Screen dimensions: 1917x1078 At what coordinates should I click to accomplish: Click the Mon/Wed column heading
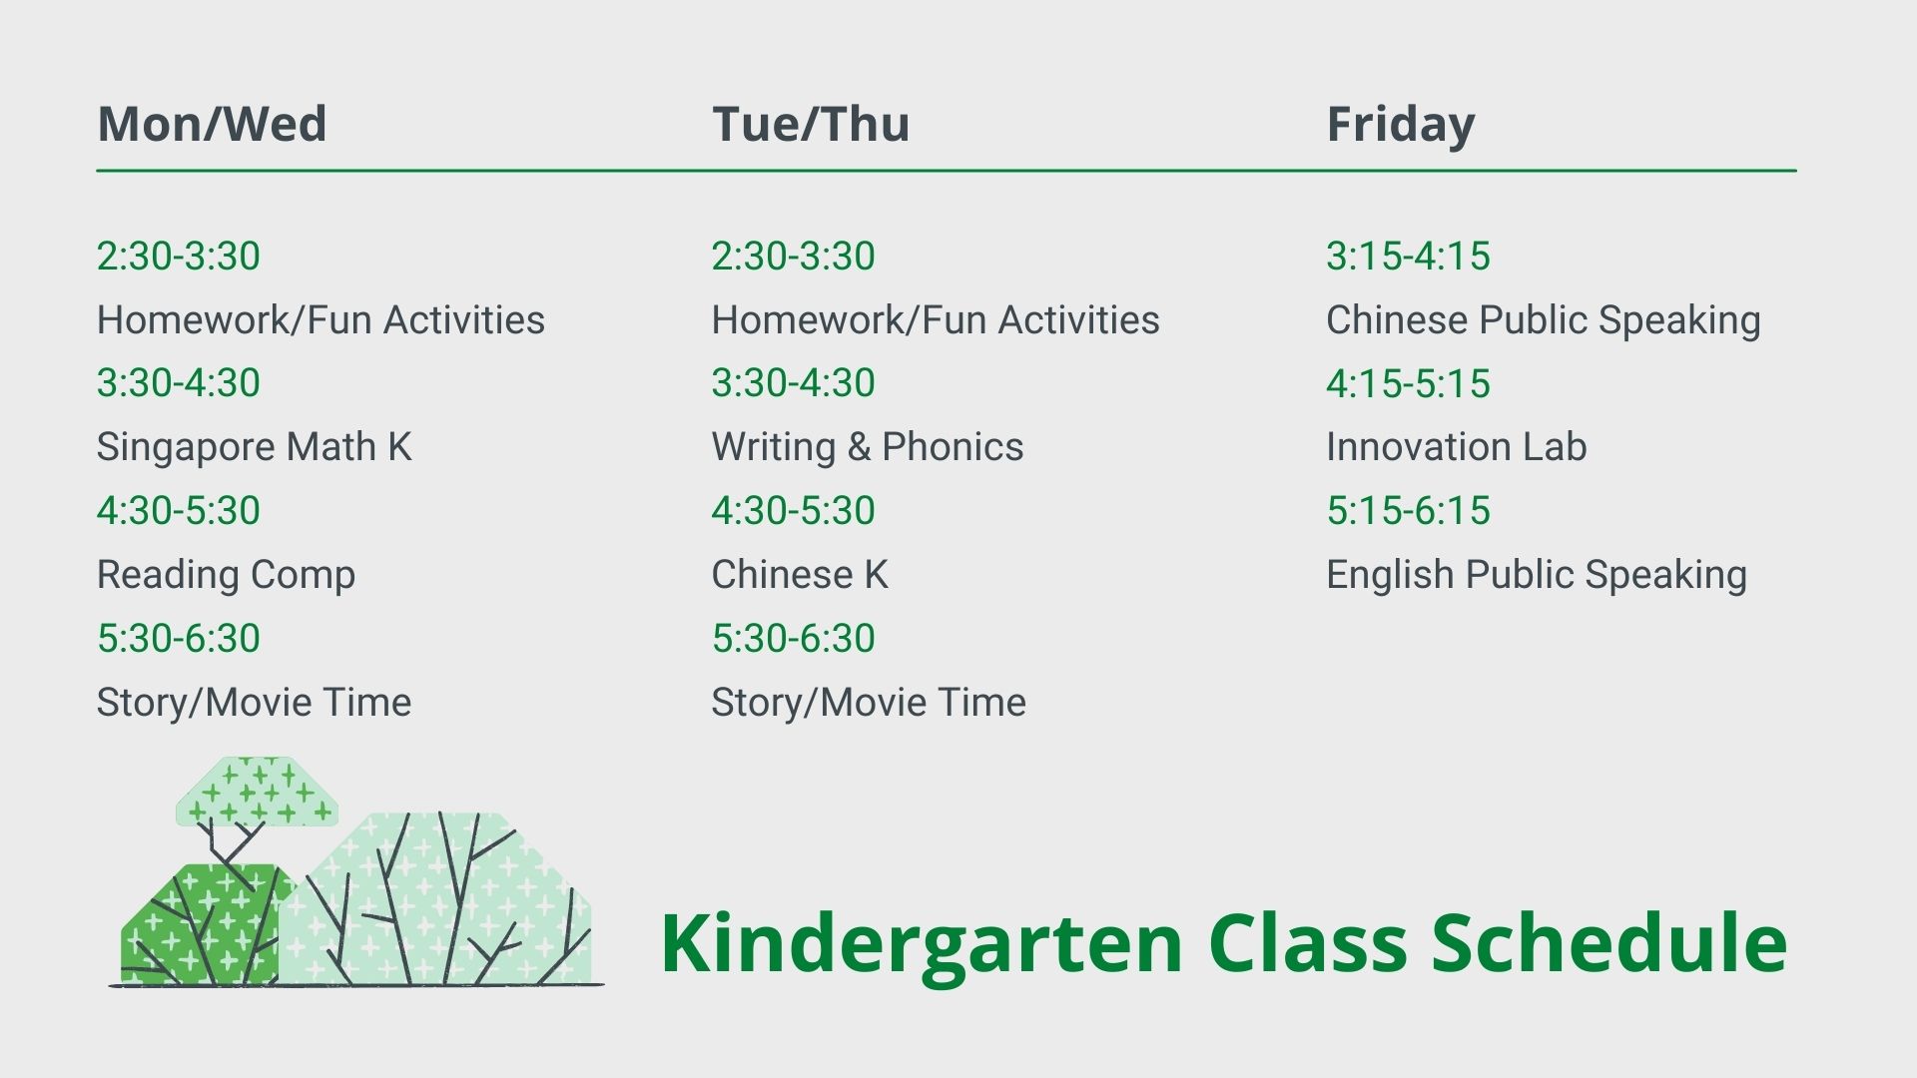(212, 124)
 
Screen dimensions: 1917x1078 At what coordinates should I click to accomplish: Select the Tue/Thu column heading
(811, 124)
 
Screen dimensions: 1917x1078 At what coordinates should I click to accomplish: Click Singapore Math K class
(255, 447)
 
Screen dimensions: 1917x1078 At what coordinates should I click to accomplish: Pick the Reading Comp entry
(226, 575)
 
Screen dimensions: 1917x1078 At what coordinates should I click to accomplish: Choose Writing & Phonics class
(868, 447)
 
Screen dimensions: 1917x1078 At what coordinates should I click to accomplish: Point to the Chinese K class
(800, 575)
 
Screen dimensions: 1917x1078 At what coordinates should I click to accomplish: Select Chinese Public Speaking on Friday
(1544, 320)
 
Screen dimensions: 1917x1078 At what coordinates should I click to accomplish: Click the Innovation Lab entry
(1457, 447)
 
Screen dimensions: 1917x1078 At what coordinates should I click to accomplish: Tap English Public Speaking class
(1537, 575)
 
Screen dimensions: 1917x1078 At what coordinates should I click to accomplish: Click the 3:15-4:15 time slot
(1409, 257)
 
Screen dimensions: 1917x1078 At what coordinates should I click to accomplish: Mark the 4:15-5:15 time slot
(1409, 383)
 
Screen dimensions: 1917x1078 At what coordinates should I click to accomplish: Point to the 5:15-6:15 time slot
(1409, 511)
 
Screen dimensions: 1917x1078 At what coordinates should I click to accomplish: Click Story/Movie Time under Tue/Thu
(869, 703)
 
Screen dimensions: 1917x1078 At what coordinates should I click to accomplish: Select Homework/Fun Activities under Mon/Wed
(320, 320)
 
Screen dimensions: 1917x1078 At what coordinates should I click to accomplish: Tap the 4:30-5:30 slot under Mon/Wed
(179, 511)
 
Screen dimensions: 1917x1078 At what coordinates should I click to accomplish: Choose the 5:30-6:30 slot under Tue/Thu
(794, 639)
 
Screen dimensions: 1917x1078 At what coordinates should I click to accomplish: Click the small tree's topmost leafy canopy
(257, 792)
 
